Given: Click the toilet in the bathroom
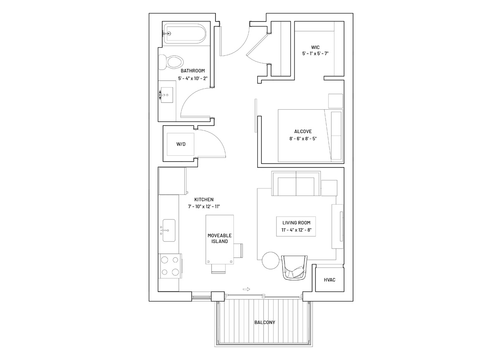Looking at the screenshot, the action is pyautogui.click(x=171, y=62).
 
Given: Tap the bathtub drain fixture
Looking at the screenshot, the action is pyautogui.click(x=168, y=33).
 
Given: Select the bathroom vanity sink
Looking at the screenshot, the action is pyautogui.click(x=167, y=95).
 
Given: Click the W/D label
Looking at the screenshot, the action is pyautogui.click(x=181, y=144).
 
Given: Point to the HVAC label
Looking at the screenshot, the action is pyautogui.click(x=330, y=280).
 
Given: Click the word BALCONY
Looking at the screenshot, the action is pyautogui.click(x=265, y=322).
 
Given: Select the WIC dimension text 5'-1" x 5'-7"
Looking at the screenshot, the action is pyautogui.click(x=315, y=54).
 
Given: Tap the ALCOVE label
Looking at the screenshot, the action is pyautogui.click(x=303, y=131).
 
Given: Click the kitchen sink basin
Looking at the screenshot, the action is pyautogui.click(x=169, y=230).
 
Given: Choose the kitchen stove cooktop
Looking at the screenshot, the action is pyautogui.click(x=170, y=266).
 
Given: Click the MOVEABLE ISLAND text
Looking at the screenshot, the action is pyautogui.click(x=220, y=239).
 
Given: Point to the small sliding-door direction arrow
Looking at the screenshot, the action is pyautogui.click(x=246, y=289).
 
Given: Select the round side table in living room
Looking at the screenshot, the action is pyautogui.click(x=271, y=260).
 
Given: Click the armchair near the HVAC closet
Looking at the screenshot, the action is pyautogui.click(x=295, y=267).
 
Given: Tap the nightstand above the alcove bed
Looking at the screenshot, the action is pyautogui.click(x=336, y=101).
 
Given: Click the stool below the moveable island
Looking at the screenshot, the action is pyautogui.click(x=218, y=269).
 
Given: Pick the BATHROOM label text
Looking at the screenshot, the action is pyautogui.click(x=193, y=71).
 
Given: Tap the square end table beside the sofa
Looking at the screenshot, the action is pyautogui.click(x=329, y=188).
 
